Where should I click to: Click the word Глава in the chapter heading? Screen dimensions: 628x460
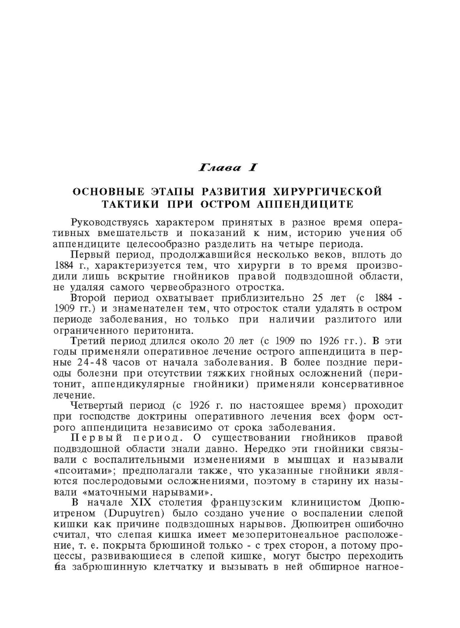(219, 168)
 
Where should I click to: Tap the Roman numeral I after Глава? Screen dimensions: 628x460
(252, 168)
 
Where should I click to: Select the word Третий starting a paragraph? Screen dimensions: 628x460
(92, 341)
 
